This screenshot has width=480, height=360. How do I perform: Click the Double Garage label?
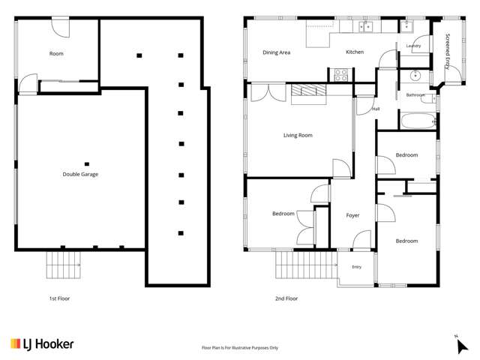80,174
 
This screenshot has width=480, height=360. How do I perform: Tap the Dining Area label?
277,52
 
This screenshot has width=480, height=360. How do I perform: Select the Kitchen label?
355,52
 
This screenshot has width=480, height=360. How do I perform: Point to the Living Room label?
298,135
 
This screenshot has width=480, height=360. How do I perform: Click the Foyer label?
352,215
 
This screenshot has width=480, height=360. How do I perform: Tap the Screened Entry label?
448,52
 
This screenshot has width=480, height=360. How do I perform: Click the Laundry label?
413,46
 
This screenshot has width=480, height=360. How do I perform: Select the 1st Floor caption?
59,298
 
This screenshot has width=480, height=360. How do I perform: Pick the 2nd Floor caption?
286,298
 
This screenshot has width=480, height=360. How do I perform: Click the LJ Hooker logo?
42,344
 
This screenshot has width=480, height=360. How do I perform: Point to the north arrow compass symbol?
461,345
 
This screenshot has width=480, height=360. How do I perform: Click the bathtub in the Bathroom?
418,121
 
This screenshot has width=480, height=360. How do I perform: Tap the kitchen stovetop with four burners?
341,75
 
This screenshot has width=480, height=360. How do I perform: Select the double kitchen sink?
365,27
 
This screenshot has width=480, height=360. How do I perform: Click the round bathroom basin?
415,75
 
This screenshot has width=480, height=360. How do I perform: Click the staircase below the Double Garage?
63,265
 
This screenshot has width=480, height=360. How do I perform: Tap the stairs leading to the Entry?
306,265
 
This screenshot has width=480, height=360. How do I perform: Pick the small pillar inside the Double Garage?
87,164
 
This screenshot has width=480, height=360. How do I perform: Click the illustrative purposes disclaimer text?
240,348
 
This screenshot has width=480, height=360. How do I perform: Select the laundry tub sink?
406,27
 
